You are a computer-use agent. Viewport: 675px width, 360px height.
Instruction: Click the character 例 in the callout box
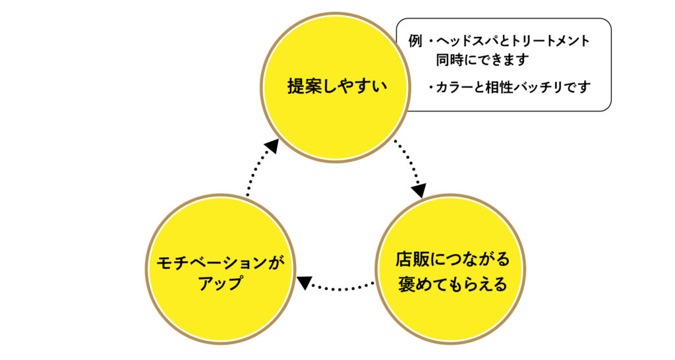click(414, 42)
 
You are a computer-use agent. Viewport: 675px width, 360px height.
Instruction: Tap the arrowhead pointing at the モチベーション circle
click(304, 282)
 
